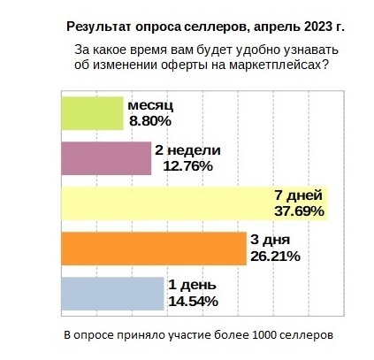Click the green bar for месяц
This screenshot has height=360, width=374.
pos(91,112)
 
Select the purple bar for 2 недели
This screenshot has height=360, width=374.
pos(105,157)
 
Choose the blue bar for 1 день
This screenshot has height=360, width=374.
pos(112,294)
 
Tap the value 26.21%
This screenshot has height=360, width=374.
pos(276,257)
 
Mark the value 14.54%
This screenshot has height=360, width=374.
pos(193,302)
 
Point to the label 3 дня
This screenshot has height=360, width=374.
pos(271,241)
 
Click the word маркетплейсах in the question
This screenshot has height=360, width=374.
pos(265,65)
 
